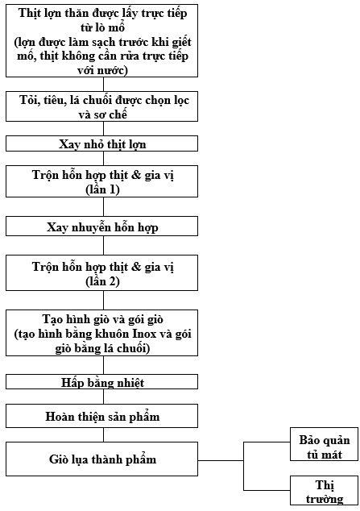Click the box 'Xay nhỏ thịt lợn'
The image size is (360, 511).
[x=101, y=144]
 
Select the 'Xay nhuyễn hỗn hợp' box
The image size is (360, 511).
[x=101, y=226]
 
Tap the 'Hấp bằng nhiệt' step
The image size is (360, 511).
[x=101, y=381]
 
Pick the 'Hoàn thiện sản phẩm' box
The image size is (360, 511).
[x=101, y=416]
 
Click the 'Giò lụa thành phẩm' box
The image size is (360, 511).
[x=101, y=459]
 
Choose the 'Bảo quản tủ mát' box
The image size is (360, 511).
[x=325, y=444]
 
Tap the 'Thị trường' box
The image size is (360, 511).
[x=325, y=491]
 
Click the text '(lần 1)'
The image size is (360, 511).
[x=102, y=189]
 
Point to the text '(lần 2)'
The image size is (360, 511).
[x=102, y=281]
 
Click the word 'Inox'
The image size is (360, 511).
[x=144, y=334]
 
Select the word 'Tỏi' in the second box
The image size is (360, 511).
[x=27, y=100]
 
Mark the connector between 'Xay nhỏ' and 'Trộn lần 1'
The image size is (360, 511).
[x=104, y=159]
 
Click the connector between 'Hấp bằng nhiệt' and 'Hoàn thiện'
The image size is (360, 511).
[x=104, y=397]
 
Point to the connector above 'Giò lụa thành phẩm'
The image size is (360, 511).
[x=104, y=434]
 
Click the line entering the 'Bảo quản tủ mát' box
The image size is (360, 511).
[x=267, y=442]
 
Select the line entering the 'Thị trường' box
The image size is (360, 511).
[x=267, y=490]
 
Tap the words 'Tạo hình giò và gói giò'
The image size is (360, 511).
[x=102, y=319]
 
